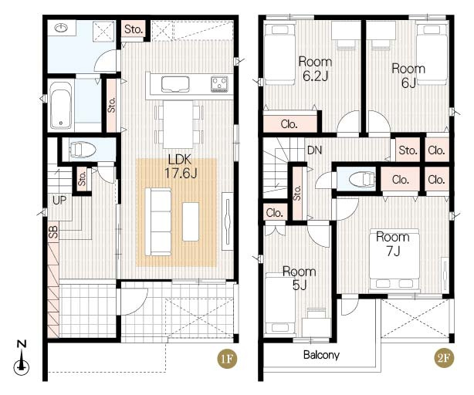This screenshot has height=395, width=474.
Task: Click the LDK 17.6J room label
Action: [x=181, y=167]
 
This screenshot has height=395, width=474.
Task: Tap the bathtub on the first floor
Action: [x=61, y=105]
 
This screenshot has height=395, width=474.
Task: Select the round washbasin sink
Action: [x=62, y=28]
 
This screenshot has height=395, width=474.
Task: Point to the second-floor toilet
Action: [x=362, y=180]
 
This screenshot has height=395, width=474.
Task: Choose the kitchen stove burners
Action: [x=219, y=84]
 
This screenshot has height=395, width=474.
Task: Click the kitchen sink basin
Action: [x=175, y=84]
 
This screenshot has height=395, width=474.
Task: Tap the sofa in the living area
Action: [x=158, y=222]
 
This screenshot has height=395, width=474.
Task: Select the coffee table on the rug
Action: [x=191, y=221]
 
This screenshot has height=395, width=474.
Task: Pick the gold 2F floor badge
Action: [x=444, y=358]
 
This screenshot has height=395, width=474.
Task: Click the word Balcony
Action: [x=321, y=355]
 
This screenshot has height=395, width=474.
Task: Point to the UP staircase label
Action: [x=59, y=200]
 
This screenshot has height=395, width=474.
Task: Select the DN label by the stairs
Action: [x=314, y=150]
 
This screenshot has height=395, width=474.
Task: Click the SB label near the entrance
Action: [x=53, y=231]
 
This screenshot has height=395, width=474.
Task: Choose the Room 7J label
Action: [x=393, y=244]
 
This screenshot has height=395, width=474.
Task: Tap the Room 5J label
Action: [x=300, y=279]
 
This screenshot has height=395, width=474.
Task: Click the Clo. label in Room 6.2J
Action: [x=289, y=124]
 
